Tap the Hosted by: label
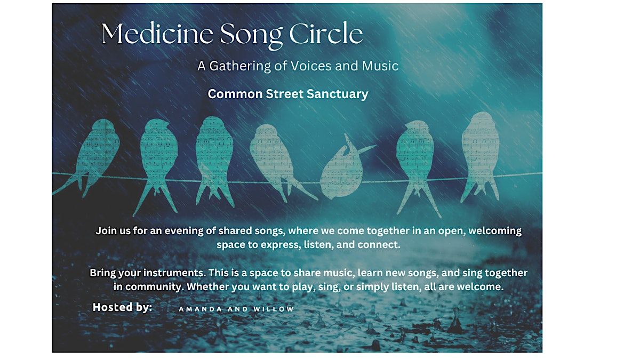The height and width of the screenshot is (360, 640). [122, 307]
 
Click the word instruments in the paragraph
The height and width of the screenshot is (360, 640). [172, 273]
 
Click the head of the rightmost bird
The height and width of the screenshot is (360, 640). [483, 121]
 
